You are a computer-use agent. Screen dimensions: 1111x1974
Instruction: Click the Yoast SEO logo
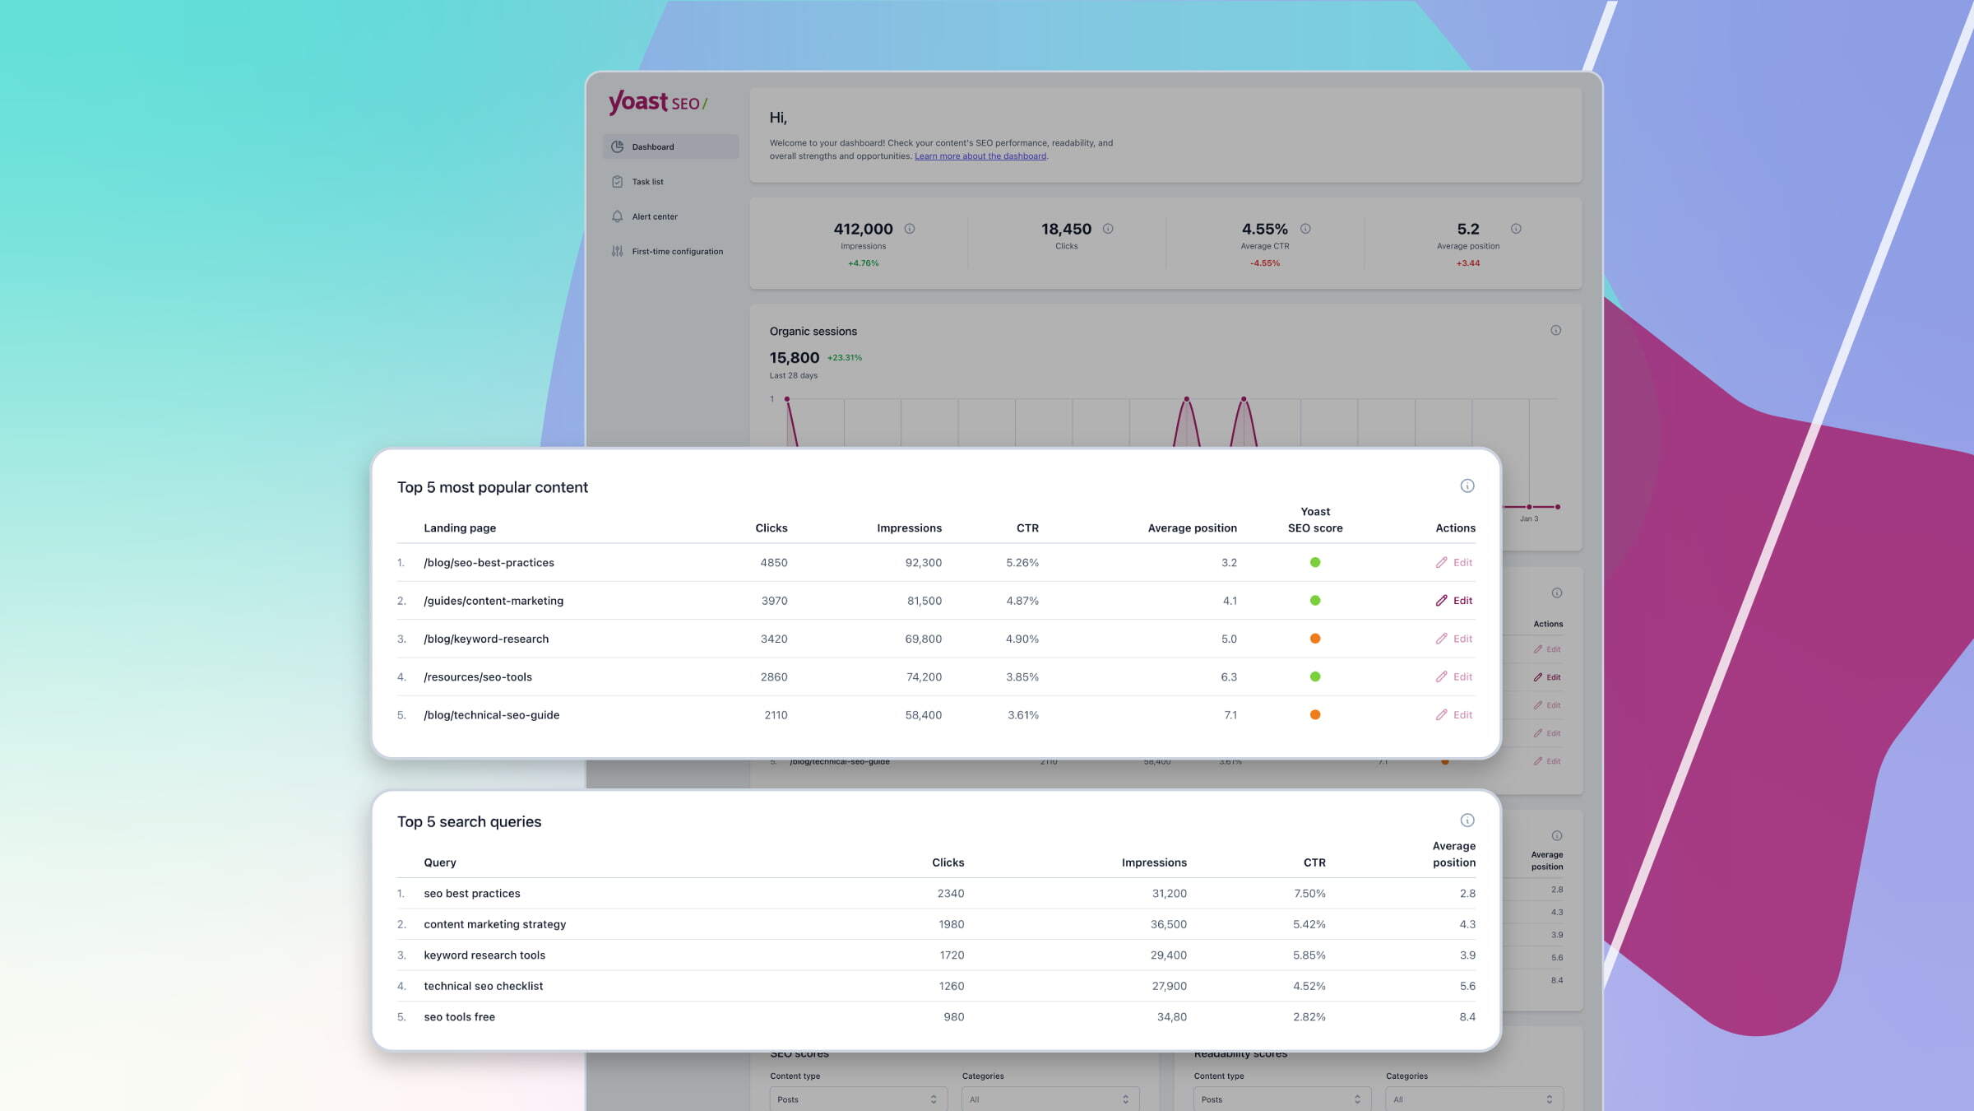click(x=657, y=103)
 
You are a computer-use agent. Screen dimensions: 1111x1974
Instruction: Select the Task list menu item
click(x=647, y=182)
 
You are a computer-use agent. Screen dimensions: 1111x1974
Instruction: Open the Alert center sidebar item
click(x=655, y=217)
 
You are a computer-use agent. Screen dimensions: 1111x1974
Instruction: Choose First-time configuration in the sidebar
click(x=677, y=252)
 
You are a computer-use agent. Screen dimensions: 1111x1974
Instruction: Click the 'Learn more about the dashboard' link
click(x=980, y=156)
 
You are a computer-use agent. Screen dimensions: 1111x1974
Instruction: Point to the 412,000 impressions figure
click(x=863, y=230)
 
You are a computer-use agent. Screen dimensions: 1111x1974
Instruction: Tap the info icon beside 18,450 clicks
click(x=1108, y=229)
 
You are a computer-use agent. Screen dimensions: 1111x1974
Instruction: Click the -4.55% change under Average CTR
click(x=1265, y=263)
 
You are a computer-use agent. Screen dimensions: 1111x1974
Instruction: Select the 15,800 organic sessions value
click(x=795, y=358)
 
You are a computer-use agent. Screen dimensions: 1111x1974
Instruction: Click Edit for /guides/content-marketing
click(x=1454, y=601)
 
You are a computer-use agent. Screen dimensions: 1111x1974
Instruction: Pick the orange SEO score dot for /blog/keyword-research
click(x=1315, y=639)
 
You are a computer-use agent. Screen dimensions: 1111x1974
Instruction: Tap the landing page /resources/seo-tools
click(x=478, y=677)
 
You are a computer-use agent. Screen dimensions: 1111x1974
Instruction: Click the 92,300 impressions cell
click(x=923, y=563)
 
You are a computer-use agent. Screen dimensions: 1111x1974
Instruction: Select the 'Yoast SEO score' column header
click(x=1315, y=520)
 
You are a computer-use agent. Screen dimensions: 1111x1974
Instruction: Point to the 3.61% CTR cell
click(x=1022, y=715)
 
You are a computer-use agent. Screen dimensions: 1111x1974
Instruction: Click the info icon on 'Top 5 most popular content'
click(x=1467, y=486)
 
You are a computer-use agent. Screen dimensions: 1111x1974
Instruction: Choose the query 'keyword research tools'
click(x=484, y=955)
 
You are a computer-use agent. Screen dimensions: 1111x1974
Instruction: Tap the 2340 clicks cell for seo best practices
click(x=951, y=894)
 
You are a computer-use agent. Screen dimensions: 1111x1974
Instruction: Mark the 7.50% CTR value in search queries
click(x=1309, y=894)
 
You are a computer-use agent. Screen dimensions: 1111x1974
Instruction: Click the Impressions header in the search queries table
click(x=1154, y=862)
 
